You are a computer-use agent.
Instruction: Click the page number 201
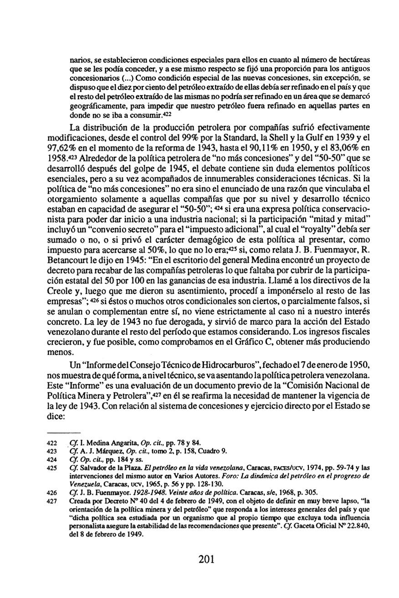click(x=206, y=559)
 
